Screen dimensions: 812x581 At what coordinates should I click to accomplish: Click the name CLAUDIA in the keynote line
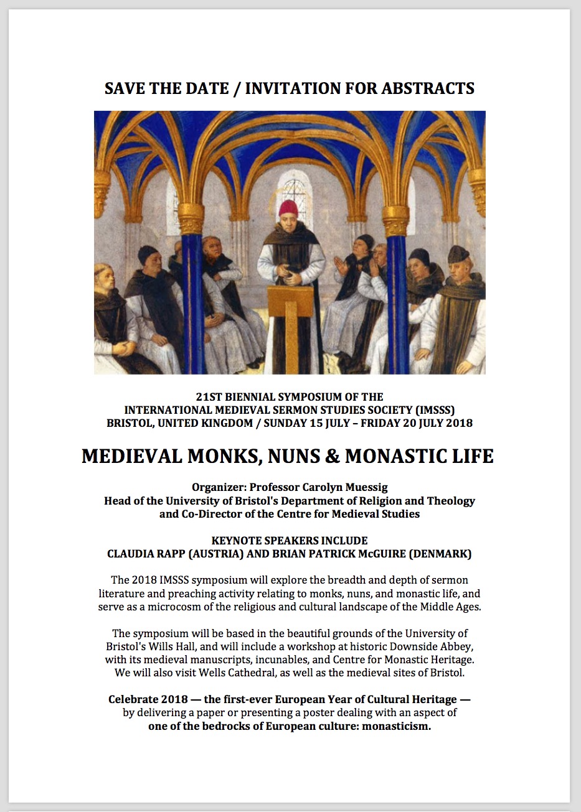(x=131, y=554)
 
